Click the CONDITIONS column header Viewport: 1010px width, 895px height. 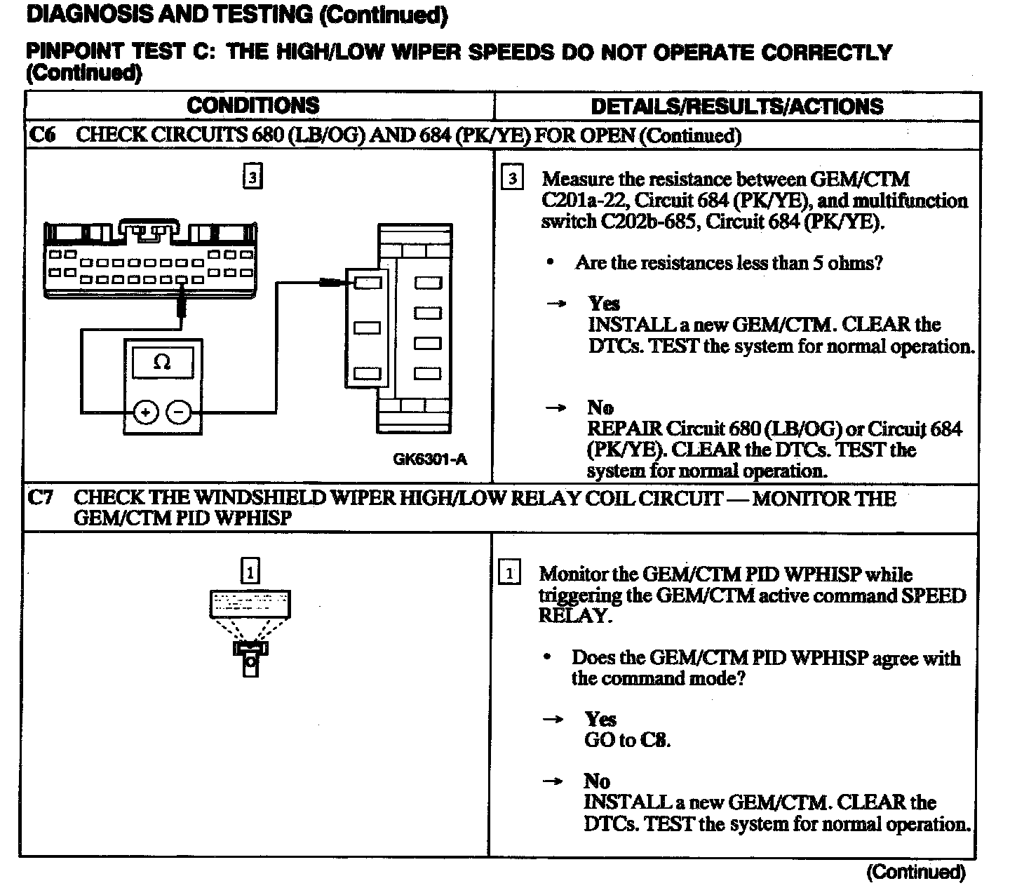tap(252, 106)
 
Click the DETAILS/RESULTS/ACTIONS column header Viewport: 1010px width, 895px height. tap(736, 107)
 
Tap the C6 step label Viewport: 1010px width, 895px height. tap(41, 135)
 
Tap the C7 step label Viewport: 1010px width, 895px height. tap(40, 498)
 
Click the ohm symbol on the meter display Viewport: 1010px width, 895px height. tap(162, 363)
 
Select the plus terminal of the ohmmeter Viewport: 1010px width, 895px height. tap(145, 412)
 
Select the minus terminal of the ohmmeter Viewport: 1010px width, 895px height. tap(180, 412)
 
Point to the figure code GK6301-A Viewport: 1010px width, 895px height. tap(429, 459)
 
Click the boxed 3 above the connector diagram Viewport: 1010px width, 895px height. tap(252, 176)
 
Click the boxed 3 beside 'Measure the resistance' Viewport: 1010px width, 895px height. tap(513, 178)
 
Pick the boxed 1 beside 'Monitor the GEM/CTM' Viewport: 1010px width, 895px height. tap(509, 573)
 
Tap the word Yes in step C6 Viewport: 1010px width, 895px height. tap(604, 304)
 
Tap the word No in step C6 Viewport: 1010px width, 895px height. tap(600, 408)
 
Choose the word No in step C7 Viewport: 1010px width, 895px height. tap(597, 781)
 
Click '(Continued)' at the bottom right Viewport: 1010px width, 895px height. tap(916, 872)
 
